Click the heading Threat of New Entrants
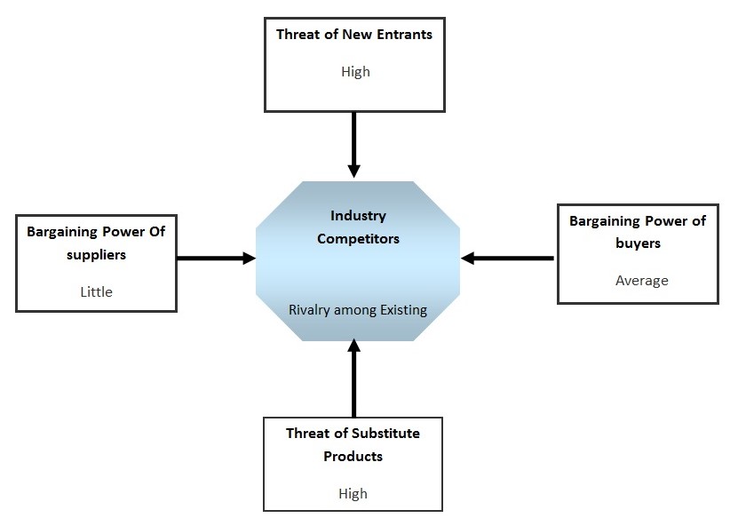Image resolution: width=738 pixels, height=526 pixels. [x=354, y=35]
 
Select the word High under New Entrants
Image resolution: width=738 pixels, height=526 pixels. [x=355, y=72]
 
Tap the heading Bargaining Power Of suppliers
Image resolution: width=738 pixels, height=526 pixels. [x=96, y=243]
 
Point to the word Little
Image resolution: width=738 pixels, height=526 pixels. [x=96, y=291]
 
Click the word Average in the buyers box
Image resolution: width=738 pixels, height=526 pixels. [x=641, y=280]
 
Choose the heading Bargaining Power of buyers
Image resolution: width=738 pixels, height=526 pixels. [x=637, y=231]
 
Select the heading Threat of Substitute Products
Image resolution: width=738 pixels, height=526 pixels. [x=353, y=445]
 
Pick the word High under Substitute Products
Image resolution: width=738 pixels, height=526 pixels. [x=353, y=493]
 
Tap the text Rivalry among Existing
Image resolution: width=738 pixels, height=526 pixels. [x=358, y=310]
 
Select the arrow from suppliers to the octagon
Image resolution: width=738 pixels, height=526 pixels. [x=216, y=259]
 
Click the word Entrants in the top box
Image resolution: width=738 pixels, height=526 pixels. [x=402, y=35]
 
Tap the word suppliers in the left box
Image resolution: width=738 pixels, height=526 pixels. [x=96, y=254]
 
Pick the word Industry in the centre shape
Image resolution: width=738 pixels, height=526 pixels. [x=358, y=216]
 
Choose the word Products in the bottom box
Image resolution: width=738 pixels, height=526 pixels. [x=353, y=457]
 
